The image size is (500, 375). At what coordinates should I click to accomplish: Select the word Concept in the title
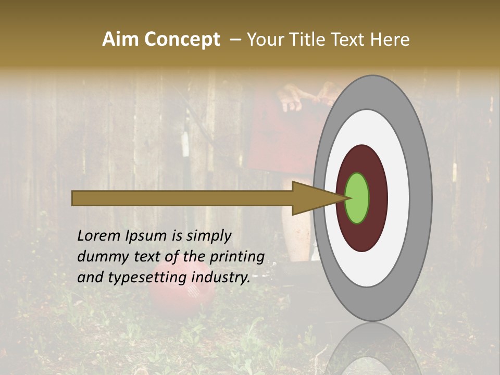coord(182,40)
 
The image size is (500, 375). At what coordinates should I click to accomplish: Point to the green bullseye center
coord(357,198)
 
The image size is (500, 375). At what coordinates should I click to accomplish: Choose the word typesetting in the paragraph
coord(148,278)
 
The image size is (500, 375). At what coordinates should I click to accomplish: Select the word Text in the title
coord(352,40)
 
